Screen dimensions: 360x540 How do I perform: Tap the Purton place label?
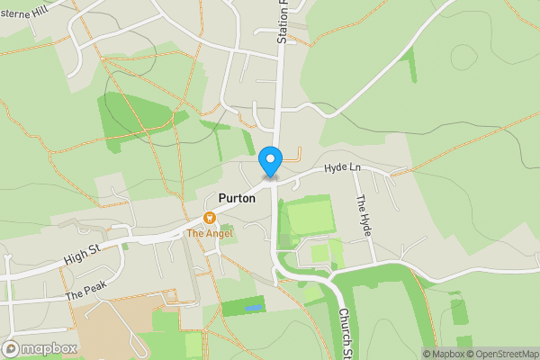pyautogui.click(x=237, y=198)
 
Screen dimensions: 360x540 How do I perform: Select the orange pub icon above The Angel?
pyautogui.click(x=209, y=218)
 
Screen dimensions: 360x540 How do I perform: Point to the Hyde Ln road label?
pyautogui.click(x=342, y=168)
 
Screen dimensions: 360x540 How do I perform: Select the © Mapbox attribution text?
pyautogui.click(x=442, y=354)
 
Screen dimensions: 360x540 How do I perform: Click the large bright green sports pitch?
pyautogui.click(x=309, y=217)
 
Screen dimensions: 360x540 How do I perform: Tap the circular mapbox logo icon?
pyautogui.click(x=12, y=348)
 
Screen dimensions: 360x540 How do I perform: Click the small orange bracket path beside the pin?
pyautogui.click(x=295, y=153)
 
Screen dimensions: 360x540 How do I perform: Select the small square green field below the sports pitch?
pyautogui.click(x=319, y=254)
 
